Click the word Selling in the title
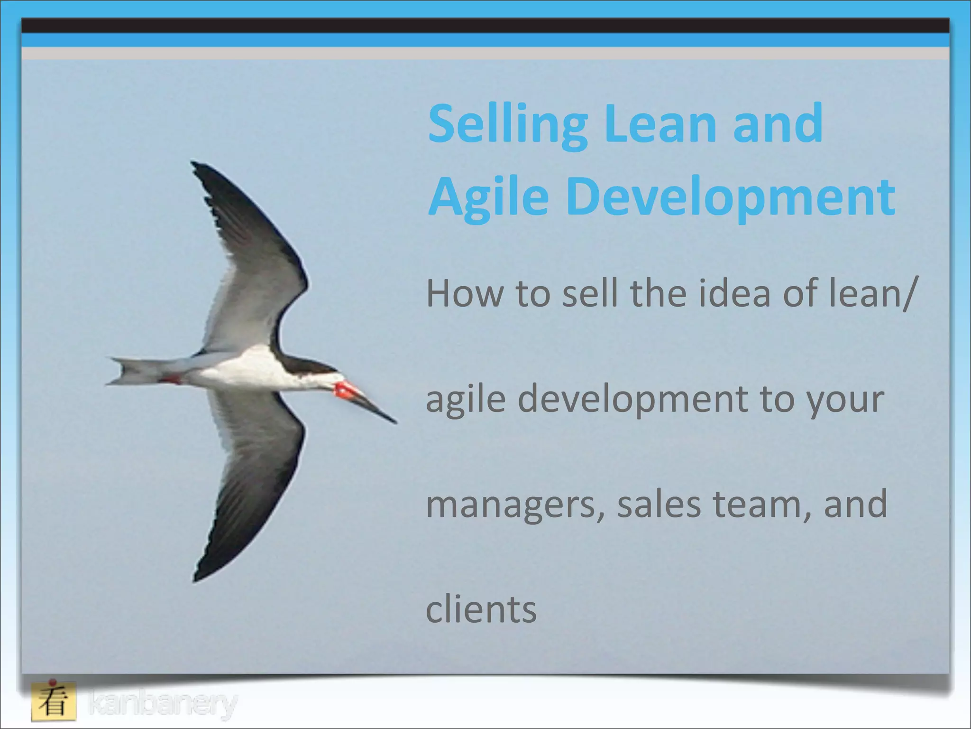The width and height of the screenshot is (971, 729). pos(507,124)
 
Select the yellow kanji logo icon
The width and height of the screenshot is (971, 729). pos(54,701)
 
